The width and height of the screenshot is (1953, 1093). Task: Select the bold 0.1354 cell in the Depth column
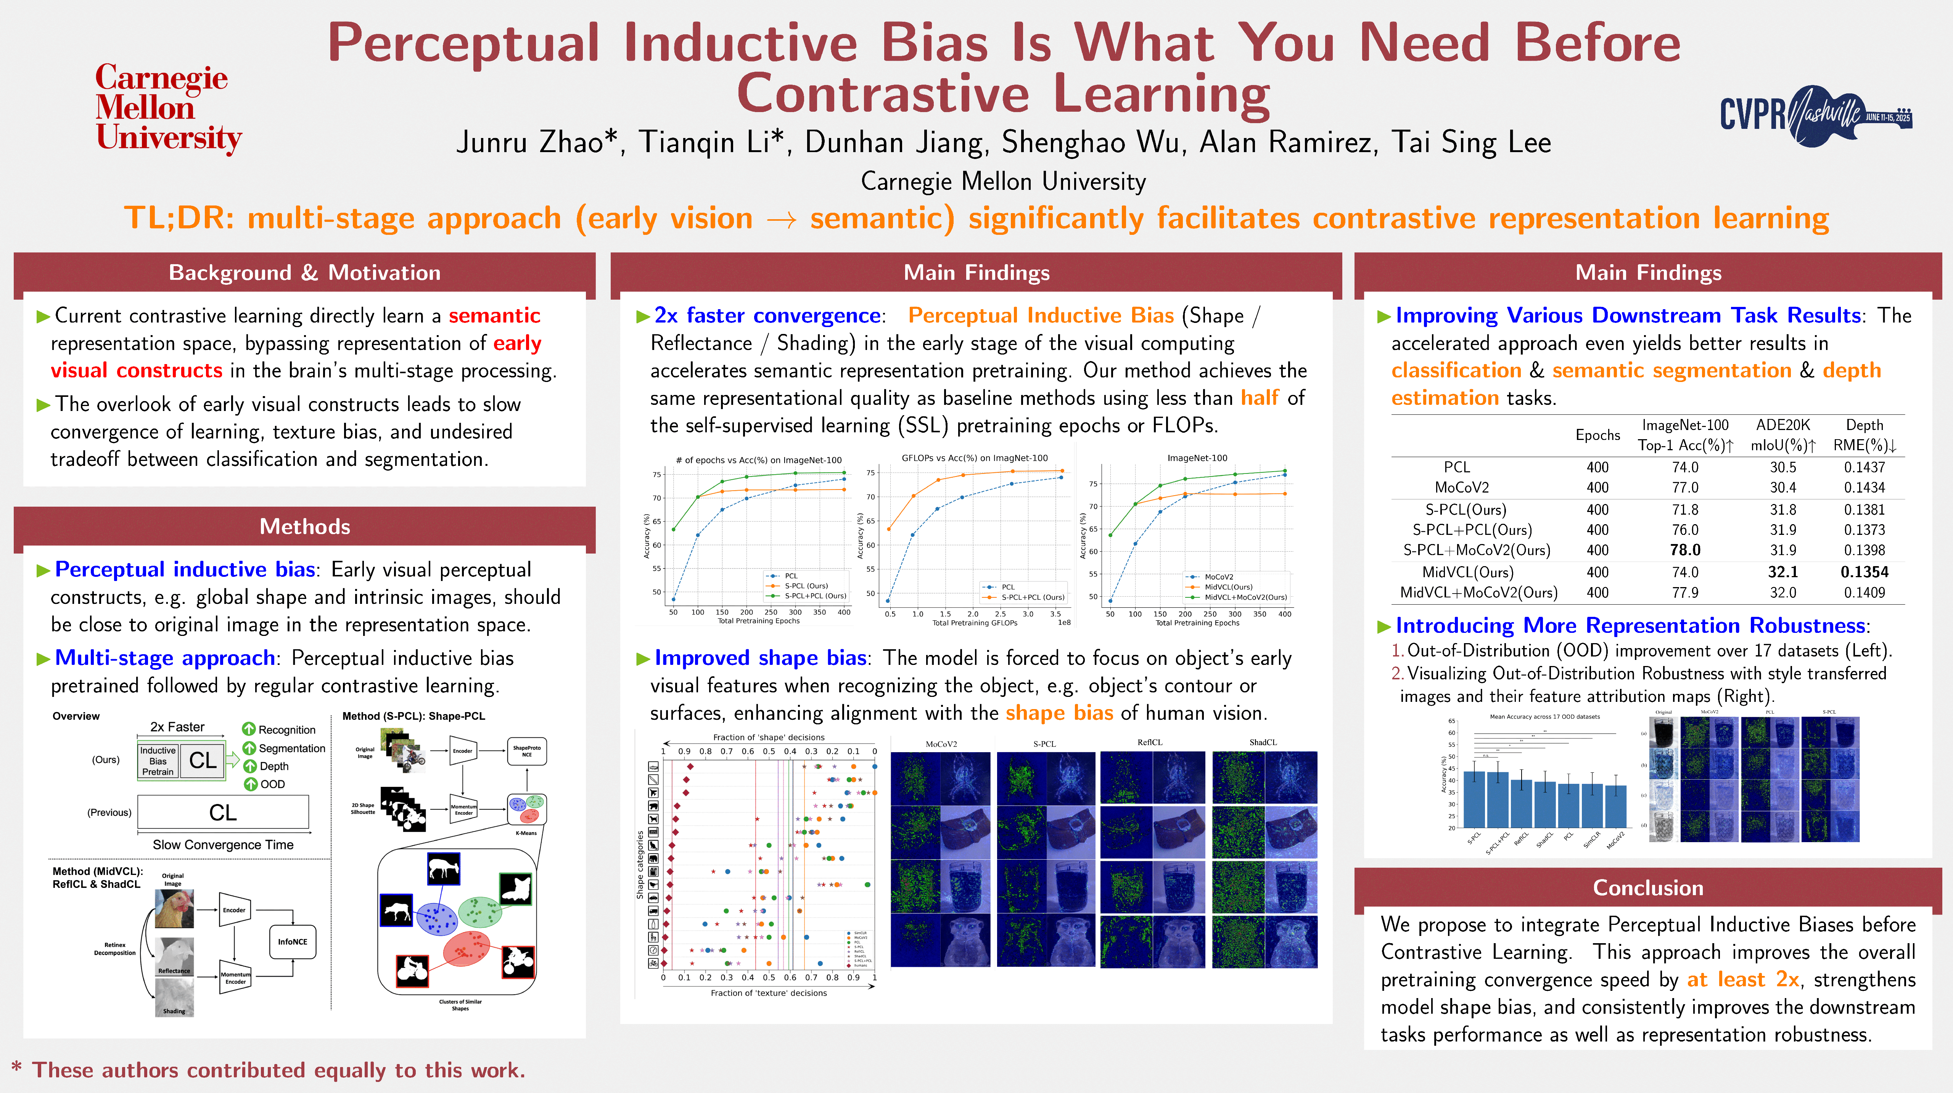coord(1864,572)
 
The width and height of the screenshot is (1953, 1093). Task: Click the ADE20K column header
coord(1782,425)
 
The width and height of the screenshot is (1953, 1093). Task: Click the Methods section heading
coord(305,527)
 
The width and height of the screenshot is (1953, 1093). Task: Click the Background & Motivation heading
coord(305,273)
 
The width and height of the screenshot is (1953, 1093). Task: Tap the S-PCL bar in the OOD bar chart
coord(1474,800)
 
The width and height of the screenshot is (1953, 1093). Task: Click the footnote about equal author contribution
coord(269,1070)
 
